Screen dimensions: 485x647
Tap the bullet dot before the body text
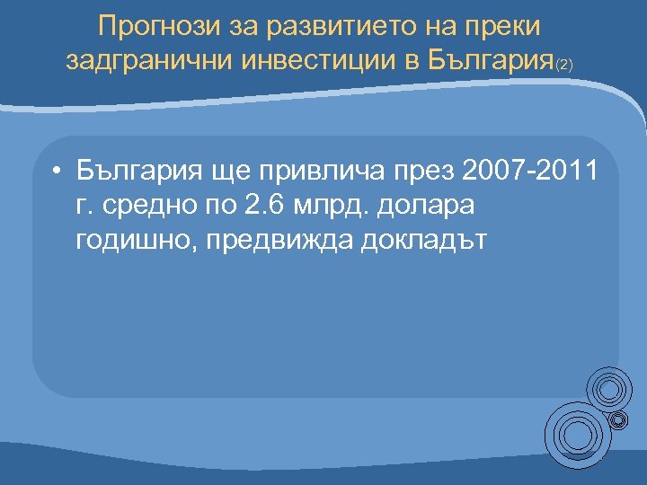[x=56, y=170]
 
